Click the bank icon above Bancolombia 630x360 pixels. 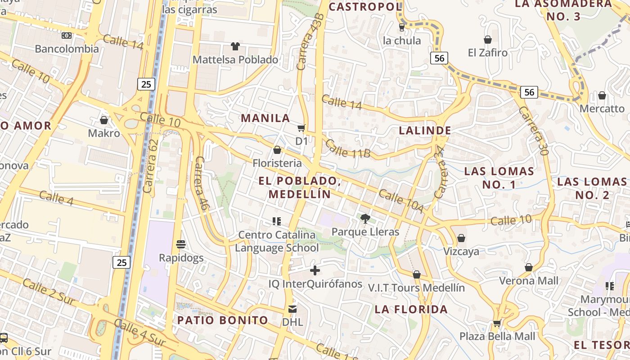[67, 35]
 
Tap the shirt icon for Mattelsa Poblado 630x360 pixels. [235, 46]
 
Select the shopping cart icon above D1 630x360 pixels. [301, 128]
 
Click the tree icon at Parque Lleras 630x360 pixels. [365, 219]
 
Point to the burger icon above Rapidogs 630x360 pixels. [181, 244]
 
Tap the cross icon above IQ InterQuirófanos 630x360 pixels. [315, 270]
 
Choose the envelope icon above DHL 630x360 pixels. [292, 309]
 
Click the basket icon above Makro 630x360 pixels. [104, 120]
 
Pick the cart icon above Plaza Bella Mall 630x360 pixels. [497, 323]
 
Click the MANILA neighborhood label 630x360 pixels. [265, 118]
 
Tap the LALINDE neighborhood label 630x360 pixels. [425, 131]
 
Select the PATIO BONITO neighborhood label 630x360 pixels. [223, 320]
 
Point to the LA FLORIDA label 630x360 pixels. [411, 310]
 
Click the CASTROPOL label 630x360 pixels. [365, 7]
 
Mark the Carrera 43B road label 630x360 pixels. [310, 41]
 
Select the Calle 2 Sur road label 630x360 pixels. [48, 292]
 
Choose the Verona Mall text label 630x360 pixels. [528, 281]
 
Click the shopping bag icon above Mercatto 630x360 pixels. [602, 95]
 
